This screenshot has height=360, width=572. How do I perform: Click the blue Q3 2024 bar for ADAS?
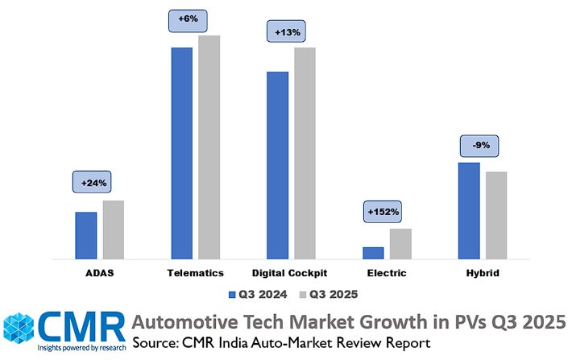(x=86, y=235)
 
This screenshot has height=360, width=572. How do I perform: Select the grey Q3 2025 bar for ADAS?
(x=114, y=230)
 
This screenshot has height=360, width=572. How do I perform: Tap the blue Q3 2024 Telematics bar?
(x=181, y=153)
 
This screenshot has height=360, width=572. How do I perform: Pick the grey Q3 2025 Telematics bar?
(x=209, y=147)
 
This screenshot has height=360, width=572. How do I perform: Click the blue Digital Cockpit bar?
(x=277, y=165)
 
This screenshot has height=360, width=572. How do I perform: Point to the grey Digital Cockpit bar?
(x=305, y=153)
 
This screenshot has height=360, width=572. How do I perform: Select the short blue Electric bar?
(x=373, y=253)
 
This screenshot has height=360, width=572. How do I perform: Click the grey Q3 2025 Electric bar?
(x=400, y=243)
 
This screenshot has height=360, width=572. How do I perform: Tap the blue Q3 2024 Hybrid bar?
(x=469, y=210)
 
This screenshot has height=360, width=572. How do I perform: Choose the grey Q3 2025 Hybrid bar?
(x=496, y=215)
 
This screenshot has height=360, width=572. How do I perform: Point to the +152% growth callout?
(x=383, y=212)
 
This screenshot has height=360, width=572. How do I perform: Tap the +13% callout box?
(x=287, y=32)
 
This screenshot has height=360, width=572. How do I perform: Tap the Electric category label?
(x=387, y=273)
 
